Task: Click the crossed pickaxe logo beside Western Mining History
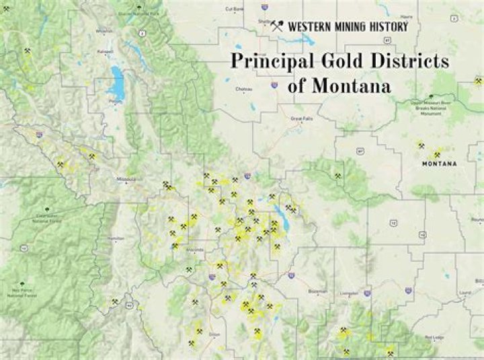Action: point(276,27)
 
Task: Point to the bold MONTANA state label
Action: point(439,164)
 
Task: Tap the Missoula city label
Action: point(126,180)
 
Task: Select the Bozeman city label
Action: point(317,291)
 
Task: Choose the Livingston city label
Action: point(350,293)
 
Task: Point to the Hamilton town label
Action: point(116,238)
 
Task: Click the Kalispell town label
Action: point(105,51)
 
